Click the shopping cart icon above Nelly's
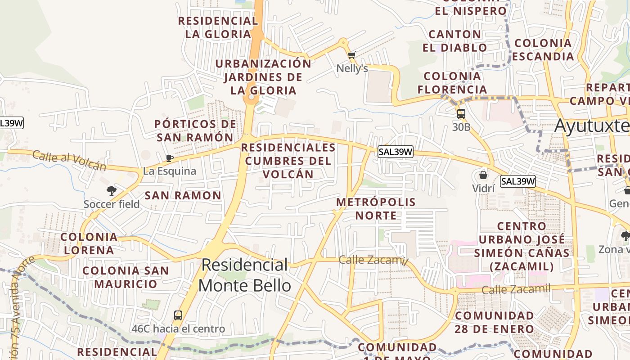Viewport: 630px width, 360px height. point(351,55)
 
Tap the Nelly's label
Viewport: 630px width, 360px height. point(352,68)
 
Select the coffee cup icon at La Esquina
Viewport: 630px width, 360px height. point(170,158)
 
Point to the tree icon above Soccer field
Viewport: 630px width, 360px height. point(112,191)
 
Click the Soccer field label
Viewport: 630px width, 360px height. point(112,204)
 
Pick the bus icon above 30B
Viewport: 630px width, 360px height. point(461,114)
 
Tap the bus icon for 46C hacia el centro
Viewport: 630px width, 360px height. point(178,315)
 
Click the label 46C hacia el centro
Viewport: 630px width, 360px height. point(178,329)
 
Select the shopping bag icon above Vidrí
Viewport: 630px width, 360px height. point(483,175)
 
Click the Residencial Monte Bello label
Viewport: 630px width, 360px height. point(245,275)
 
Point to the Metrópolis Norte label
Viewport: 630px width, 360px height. point(376,209)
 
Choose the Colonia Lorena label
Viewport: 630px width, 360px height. point(89,243)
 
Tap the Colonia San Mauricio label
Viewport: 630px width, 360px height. point(126,277)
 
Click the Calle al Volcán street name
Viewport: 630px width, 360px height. point(69,161)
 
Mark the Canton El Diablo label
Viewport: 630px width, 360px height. point(454,41)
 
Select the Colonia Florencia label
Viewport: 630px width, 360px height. point(452,83)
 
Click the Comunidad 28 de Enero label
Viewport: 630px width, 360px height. point(494,322)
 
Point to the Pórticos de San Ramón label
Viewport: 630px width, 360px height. point(195,130)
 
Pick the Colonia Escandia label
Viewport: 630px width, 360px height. point(543,50)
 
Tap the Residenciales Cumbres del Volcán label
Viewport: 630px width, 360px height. point(288,161)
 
